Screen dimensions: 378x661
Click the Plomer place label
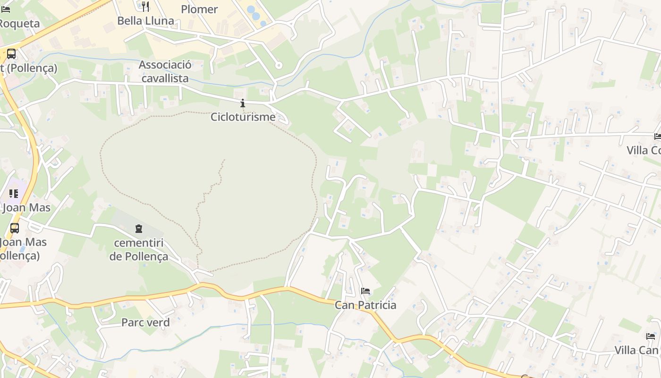[199, 9]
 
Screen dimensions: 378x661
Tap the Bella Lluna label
[145, 21]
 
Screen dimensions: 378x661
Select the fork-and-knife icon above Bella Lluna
[145, 7]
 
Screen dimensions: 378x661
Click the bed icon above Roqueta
[5, 9]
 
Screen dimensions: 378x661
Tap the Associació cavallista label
[165, 71]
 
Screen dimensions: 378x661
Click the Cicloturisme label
[243, 116]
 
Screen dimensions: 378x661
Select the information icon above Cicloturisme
[243, 103]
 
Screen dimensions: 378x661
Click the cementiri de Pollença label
[139, 249]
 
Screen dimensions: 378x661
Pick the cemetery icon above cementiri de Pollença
[139, 229]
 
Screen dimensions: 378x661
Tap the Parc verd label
[145, 322]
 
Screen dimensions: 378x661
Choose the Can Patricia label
[365, 305]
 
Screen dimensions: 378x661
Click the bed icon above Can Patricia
[365, 291]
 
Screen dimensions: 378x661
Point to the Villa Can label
[636, 350]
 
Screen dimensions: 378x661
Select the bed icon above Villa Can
[651, 336]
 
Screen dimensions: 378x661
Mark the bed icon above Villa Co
[658, 137]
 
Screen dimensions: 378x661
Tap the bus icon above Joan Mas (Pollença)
[15, 228]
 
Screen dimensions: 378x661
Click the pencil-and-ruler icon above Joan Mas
[14, 194]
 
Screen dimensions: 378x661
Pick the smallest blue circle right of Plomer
[263, 23]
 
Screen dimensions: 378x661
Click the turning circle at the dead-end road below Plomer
[279, 66]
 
